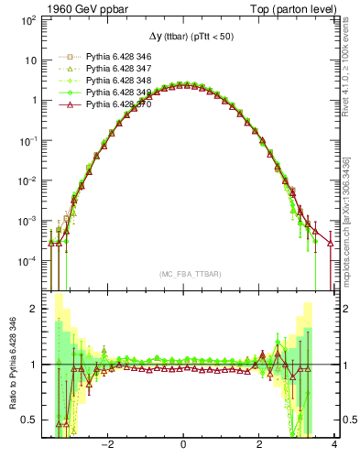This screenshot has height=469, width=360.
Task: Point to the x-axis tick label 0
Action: (x=184, y=446)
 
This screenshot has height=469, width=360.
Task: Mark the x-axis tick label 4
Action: (x=334, y=446)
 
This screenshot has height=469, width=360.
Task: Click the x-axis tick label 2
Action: (x=259, y=446)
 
